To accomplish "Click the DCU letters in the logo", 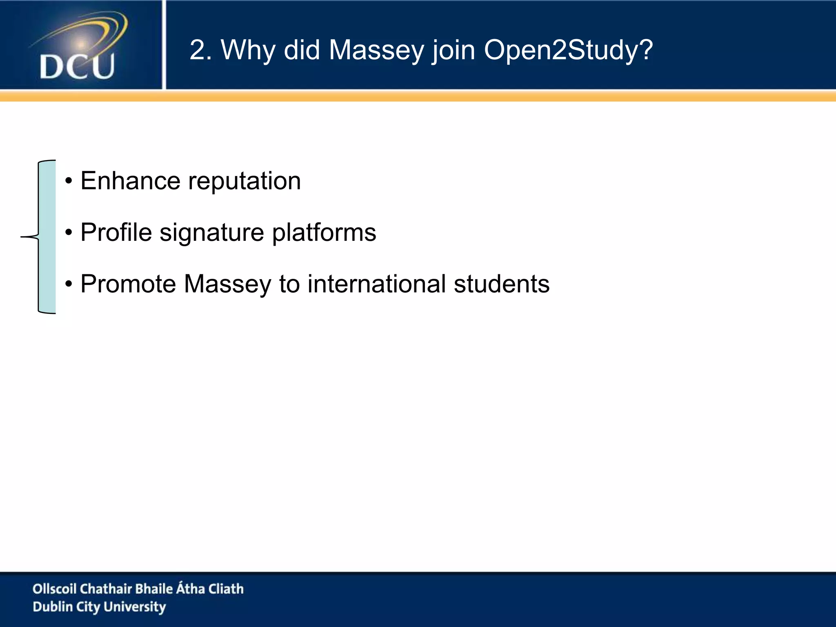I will click(x=77, y=66).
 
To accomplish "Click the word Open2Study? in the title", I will click(x=568, y=51).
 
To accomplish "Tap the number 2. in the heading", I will click(x=200, y=51).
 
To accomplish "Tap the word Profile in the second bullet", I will click(x=116, y=233).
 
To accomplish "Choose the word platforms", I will click(x=324, y=233).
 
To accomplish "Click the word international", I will click(x=376, y=284).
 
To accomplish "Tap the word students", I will click(x=502, y=284).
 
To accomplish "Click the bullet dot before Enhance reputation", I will click(x=69, y=181).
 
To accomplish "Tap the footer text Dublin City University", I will click(x=99, y=607).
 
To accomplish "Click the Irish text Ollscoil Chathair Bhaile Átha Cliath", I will click(x=138, y=589).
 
